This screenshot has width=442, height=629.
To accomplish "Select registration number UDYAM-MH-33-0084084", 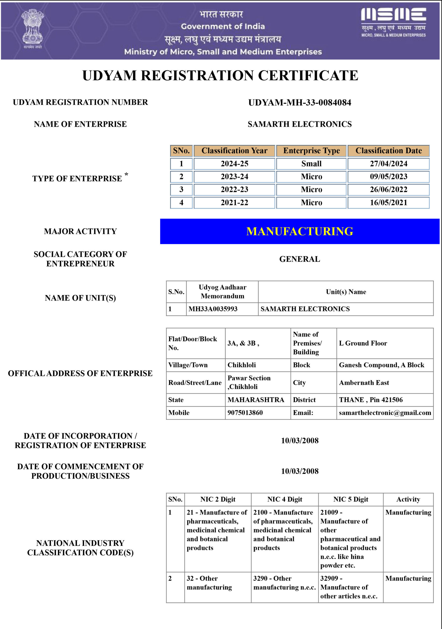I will point(299,102).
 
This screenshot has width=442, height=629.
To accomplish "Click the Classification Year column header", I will point(234,151).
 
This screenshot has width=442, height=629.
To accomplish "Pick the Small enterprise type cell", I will point(311,164).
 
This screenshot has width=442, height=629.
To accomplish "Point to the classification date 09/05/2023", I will point(388,176).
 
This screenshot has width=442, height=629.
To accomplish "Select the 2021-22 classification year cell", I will point(234,202).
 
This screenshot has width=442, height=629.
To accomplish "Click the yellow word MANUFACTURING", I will point(299,231).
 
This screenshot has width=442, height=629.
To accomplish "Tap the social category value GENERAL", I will point(299,259).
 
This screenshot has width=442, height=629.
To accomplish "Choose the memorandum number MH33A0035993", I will point(213,309).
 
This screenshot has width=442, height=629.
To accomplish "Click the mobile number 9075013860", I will point(245,413).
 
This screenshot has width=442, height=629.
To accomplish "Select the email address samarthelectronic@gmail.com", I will point(385,413).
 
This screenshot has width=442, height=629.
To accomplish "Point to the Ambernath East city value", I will point(364,383).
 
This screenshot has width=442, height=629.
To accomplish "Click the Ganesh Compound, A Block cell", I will point(382,365).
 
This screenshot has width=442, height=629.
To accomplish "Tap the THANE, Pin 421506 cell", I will point(371,400).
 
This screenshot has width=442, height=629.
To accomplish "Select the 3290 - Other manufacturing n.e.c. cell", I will point(285,583).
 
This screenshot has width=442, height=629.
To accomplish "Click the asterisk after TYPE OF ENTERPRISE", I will point(126,174).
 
